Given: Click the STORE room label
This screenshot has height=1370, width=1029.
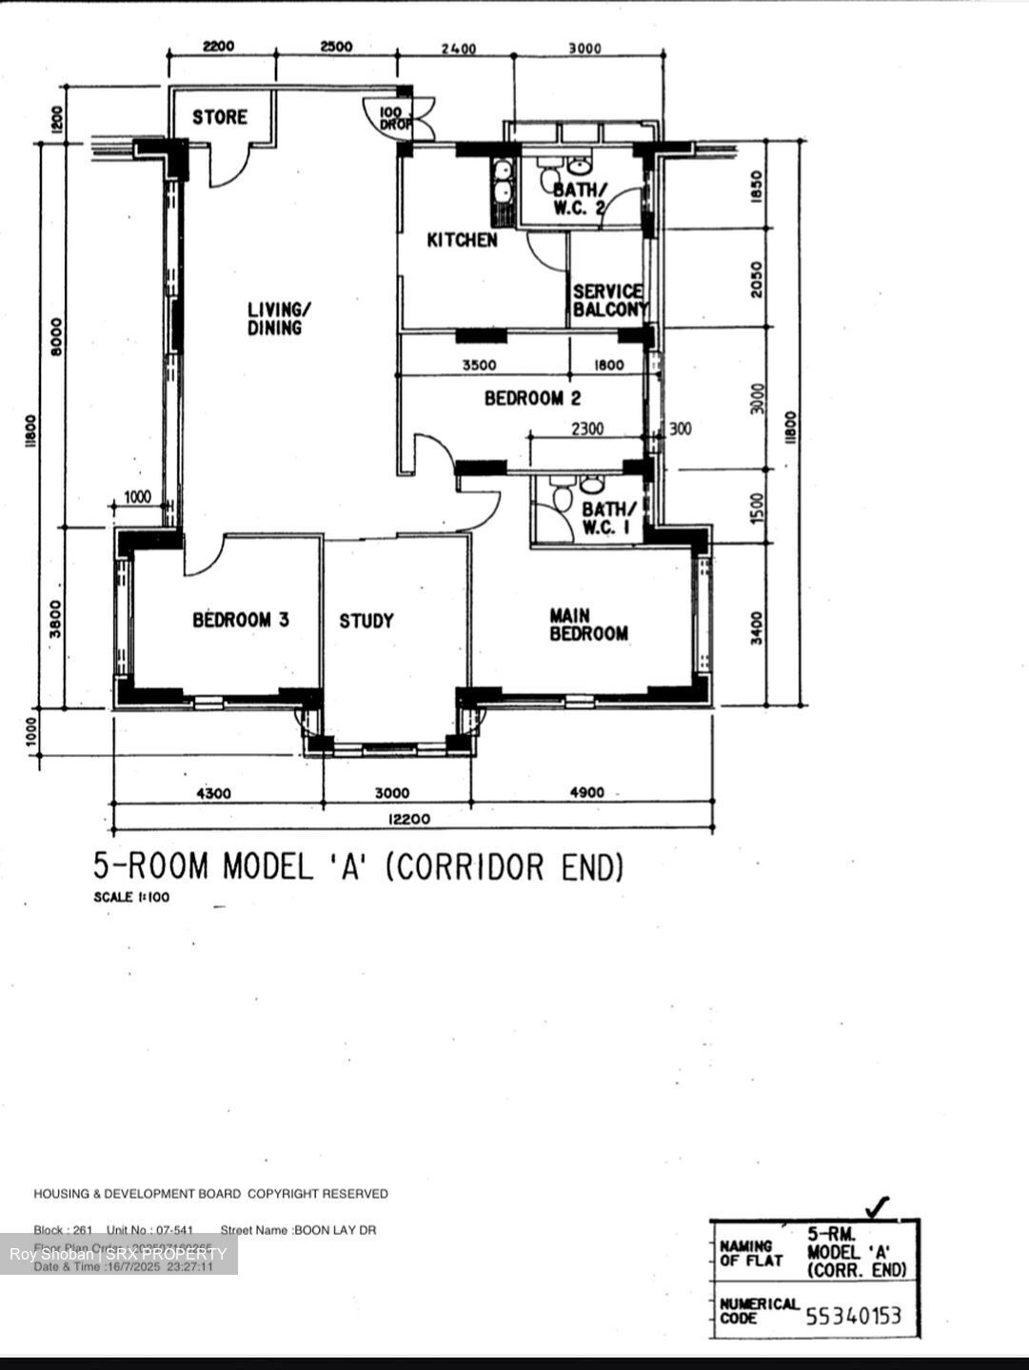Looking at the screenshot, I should tap(220, 117).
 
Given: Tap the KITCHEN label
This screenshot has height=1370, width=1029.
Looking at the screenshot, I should tap(462, 241).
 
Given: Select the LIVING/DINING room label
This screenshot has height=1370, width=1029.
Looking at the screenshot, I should tap(278, 319).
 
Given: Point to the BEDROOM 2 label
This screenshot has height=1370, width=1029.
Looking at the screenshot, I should tap(532, 398).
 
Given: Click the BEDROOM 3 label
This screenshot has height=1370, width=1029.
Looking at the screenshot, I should tap(241, 620).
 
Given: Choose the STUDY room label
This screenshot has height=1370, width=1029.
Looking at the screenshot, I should tap(366, 621).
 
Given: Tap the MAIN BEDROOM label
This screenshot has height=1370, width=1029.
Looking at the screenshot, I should tap(588, 625).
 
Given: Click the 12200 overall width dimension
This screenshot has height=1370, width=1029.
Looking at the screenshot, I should tap(408, 819).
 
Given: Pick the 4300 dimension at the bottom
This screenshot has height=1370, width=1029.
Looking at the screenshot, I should tap(213, 793).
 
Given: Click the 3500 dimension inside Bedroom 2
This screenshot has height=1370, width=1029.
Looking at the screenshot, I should tap(479, 365).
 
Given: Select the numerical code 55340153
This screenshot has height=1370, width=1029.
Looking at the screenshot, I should tap(853, 1316).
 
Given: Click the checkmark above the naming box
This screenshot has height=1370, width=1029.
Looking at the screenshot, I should tap(880, 1206).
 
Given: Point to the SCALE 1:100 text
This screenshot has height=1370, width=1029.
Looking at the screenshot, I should tap(131, 897).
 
